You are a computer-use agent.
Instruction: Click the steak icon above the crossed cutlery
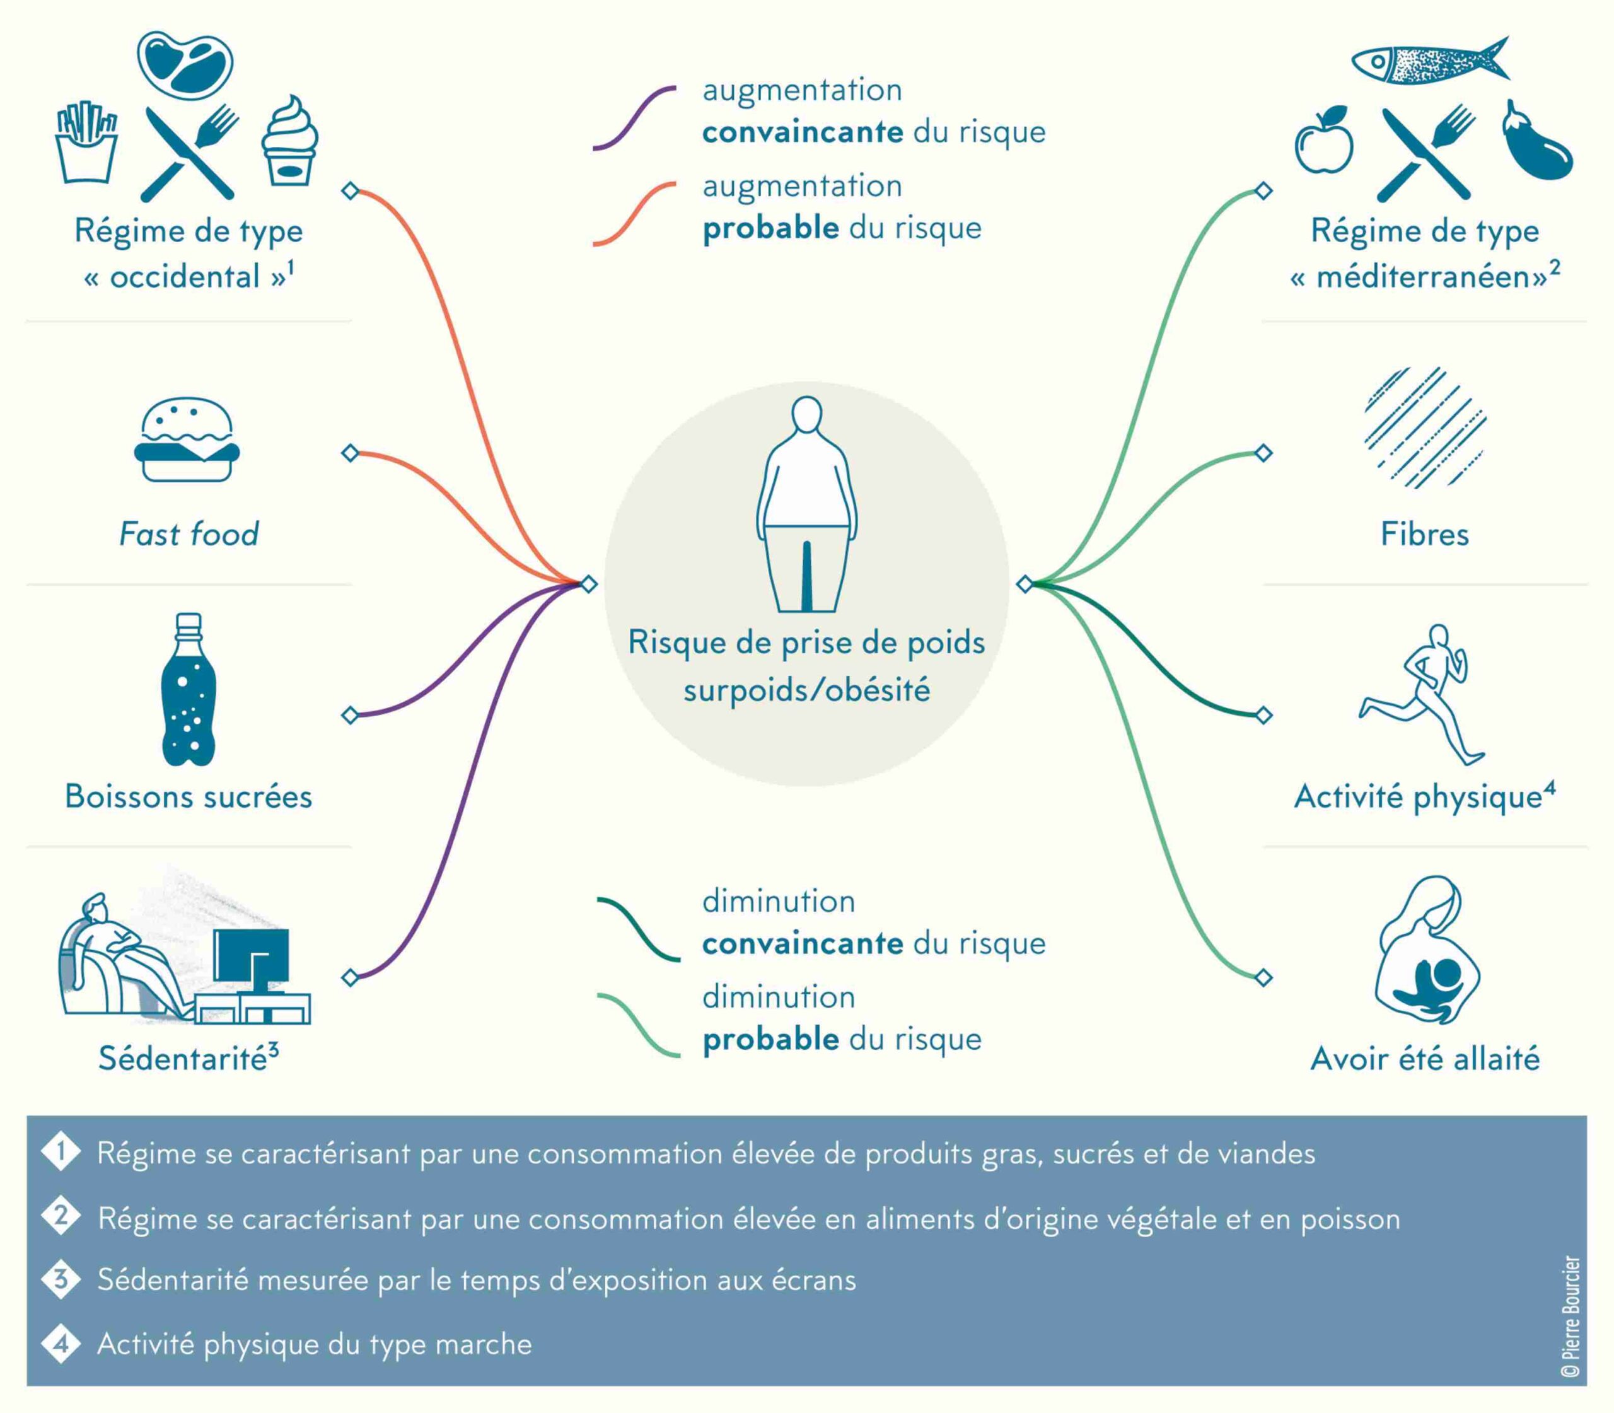[185, 65]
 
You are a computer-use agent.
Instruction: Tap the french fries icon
[87, 142]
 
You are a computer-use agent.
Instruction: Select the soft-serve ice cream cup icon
[289, 141]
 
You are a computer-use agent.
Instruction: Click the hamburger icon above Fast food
[187, 439]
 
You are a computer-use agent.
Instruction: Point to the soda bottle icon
[188, 689]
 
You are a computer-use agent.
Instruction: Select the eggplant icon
[1536, 141]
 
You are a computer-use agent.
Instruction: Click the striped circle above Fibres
[1425, 428]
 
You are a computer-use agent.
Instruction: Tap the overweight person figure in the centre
[806, 504]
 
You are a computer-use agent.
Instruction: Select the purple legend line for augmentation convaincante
[634, 119]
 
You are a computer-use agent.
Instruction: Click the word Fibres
[1425, 534]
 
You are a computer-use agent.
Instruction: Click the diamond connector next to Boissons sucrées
[350, 715]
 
